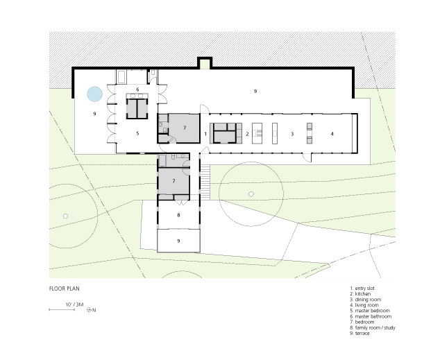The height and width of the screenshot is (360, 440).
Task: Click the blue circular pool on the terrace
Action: (94, 94)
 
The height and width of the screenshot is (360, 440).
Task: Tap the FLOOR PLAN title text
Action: (65, 289)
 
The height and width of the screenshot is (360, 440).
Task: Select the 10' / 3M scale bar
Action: (62, 309)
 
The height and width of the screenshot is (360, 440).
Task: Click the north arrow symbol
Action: (89, 310)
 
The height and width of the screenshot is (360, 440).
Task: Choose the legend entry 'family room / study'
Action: (373, 327)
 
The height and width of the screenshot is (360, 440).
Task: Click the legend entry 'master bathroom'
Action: (371, 316)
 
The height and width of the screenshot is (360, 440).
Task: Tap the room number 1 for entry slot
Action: (205, 134)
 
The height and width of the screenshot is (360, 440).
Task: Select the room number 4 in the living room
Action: (332, 134)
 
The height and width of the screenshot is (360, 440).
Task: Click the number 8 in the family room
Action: (178, 215)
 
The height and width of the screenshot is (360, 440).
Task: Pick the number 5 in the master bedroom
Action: (137, 133)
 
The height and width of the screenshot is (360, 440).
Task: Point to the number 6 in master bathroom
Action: (137, 89)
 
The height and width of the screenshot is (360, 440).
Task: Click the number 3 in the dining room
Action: (292, 134)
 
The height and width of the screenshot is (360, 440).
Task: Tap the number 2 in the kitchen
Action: (247, 134)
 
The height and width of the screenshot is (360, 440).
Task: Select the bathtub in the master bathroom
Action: (121, 77)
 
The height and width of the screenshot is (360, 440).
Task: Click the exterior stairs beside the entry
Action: (205, 182)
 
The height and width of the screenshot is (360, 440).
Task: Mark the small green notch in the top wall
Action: (205, 64)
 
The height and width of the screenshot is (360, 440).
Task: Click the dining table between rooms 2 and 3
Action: (275, 133)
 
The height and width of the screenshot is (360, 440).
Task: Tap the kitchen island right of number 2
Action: (257, 133)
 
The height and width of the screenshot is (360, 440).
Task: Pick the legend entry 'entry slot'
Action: (362, 289)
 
